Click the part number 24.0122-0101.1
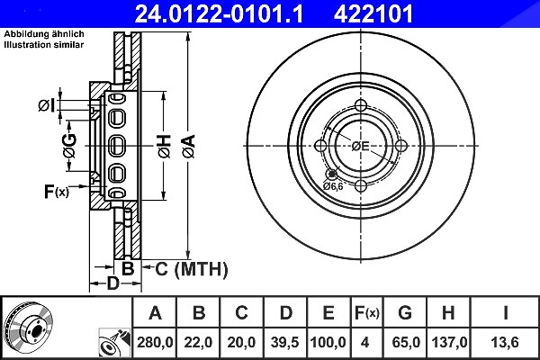(x=219, y=13)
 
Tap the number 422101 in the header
(x=373, y=13)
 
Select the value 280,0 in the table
(x=155, y=342)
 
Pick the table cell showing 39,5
(x=284, y=342)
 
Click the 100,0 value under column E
(x=328, y=342)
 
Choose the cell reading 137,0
(x=449, y=342)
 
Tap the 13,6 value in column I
(x=505, y=342)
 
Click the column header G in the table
(x=405, y=313)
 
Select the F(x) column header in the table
(x=367, y=313)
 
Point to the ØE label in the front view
(x=360, y=147)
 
